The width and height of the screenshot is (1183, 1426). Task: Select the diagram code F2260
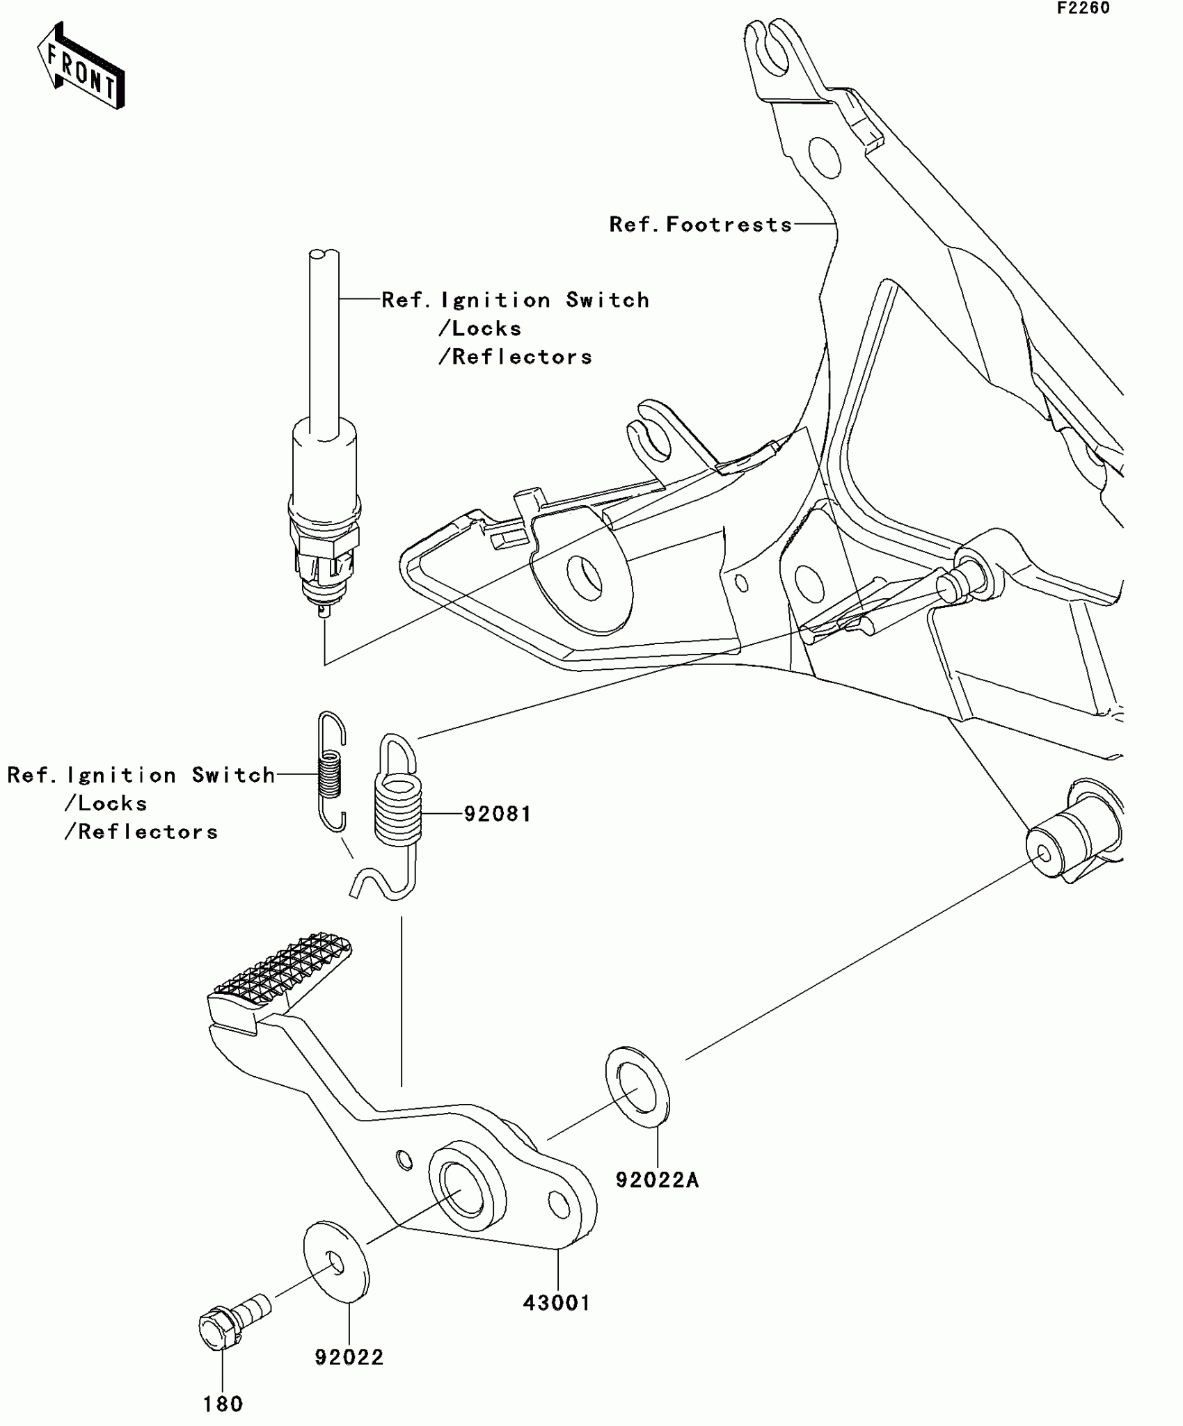tap(1083, 8)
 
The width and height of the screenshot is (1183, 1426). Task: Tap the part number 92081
tap(497, 813)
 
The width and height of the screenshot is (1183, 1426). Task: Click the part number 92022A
tap(656, 1180)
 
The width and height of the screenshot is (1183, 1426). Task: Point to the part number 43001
tap(556, 1302)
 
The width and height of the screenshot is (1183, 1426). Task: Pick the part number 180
tap(223, 1404)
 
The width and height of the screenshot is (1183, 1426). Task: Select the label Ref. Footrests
tap(700, 224)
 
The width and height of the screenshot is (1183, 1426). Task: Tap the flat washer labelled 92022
tap(336, 1261)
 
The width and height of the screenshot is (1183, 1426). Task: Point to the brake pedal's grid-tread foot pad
tap(282, 970)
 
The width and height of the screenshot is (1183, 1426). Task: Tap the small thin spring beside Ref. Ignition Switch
tap(331, 772)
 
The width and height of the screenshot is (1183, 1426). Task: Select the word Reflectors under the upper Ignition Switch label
tap(522, 357)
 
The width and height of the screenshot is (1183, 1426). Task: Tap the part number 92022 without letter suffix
tap(349, 1357)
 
